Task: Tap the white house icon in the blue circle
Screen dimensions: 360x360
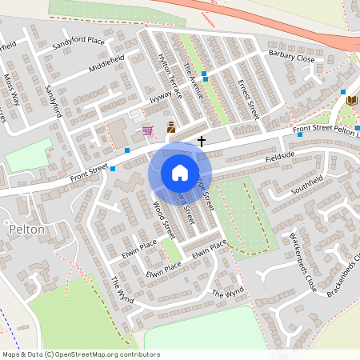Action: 180,173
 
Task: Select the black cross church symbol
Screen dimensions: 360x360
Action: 201,142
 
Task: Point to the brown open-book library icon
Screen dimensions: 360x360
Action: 351,100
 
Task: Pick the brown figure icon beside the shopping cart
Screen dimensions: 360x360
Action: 170,127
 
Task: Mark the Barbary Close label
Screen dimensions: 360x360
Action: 291,57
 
